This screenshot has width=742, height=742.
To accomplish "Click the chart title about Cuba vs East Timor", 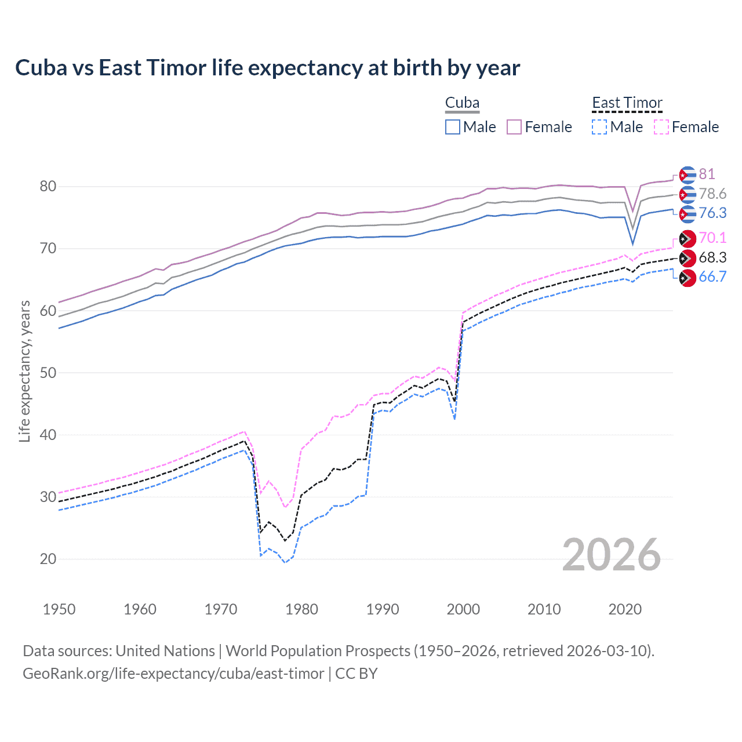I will click(267, 68).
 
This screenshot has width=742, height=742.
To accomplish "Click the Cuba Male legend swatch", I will click(453, 127).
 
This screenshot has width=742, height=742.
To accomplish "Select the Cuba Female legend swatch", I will click(514, 127).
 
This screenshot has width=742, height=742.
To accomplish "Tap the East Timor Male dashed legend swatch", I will click(599, 127).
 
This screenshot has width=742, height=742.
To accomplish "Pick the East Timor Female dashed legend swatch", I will click(661, 127).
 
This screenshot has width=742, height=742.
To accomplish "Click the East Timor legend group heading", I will click(627, 103).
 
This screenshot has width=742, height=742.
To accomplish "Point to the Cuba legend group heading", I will click(462, 103).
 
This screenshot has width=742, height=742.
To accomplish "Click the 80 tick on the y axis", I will click(48, 187).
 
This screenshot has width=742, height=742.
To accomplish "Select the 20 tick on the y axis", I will click(48, 559).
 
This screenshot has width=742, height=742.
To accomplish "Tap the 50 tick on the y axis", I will click(48, 373).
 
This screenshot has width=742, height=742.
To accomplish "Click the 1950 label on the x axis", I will click(59, 609).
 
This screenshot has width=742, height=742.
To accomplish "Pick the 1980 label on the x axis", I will click(301, 609).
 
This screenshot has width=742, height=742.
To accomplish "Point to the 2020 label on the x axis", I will click(625, 609).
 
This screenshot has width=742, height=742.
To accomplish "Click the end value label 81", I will click(707, 174).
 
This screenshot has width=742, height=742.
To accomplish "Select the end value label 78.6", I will click(712, 194).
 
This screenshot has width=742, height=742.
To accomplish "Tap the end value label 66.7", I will click(712, 277).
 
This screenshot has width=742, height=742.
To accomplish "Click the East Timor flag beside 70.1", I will click(688, 238).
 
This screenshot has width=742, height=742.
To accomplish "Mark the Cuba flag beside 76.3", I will click(688, 213).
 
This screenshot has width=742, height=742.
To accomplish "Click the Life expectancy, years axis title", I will click(25, 372).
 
